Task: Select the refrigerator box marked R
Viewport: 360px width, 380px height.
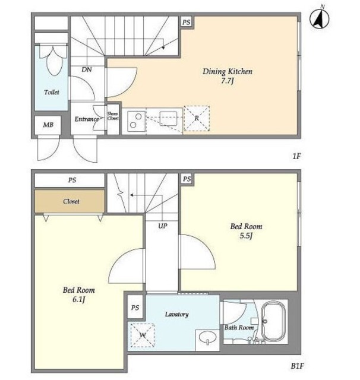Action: tap(197, 119)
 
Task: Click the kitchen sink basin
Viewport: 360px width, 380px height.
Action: tap(168, 119)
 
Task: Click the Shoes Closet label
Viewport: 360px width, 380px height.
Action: tap(113, 116)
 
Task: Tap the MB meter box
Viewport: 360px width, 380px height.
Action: tap(48, 125)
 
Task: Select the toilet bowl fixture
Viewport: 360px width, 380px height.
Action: tap(54, 61)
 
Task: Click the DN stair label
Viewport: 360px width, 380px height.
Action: tap(87, 70)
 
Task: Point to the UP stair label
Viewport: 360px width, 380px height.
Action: tap(163, 226)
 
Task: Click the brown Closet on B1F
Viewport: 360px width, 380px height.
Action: tap(70, 201)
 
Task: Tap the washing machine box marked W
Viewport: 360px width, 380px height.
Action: tap(143, 335)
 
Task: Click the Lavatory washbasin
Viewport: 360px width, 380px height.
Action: tap(207, 338)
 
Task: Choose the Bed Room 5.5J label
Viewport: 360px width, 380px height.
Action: tap(246, 231)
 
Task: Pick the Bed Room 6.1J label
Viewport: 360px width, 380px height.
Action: tap(79, 294)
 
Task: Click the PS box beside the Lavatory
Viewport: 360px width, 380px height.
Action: tap(135, 307)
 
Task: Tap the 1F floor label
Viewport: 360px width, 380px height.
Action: tap(296, 156)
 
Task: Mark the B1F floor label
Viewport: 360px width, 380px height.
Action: tap(297, 366)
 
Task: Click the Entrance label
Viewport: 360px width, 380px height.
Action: tap(87, 119)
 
